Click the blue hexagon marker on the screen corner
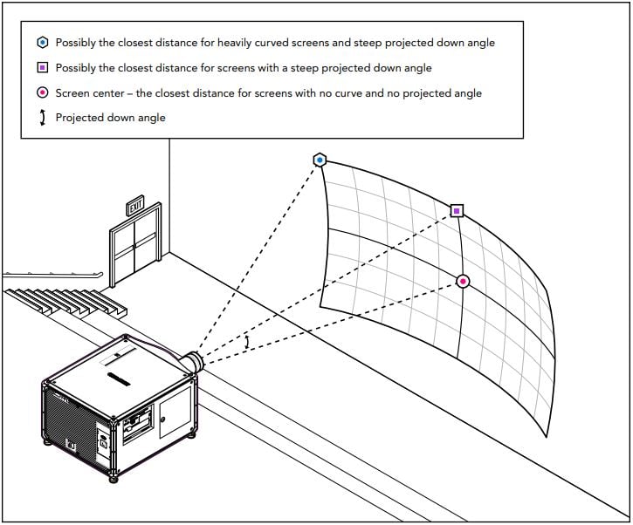point(320,160)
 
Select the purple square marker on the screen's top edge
point(457,210)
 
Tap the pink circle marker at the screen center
point(463,281)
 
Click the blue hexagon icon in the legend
point(43,43)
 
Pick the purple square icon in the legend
point(43,67)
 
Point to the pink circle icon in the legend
point(43,92)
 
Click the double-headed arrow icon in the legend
point(43,118)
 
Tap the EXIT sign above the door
point(135,206)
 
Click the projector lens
point(194,362)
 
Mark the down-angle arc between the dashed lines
point(247,342)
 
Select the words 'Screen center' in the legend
point(90,93)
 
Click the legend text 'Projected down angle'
point(111,118)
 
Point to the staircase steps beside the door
point(65,302)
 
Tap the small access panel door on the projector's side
point(175,412)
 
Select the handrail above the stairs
point(52,276)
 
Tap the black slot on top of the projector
point(119,379)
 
